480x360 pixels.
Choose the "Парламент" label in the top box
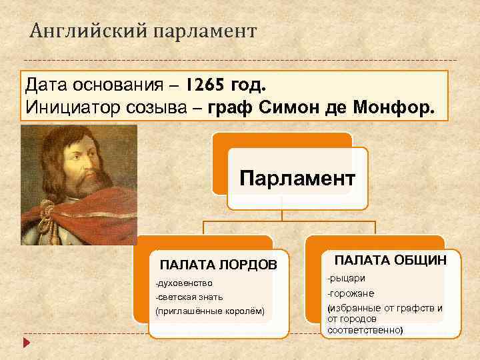[x=297, y=179]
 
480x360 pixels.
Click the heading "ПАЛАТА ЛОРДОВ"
[x=218, y=265]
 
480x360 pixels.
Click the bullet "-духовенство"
[x=183, y=283]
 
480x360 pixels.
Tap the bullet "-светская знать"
[x=189, y=297]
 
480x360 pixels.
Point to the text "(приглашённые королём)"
[x=209, y=311]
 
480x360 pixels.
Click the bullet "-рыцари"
[x=346, y=277]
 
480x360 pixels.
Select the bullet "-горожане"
[x=350, y=293]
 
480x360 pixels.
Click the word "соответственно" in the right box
[x=365, y=330]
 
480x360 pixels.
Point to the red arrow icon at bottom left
[x=26, y=343]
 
